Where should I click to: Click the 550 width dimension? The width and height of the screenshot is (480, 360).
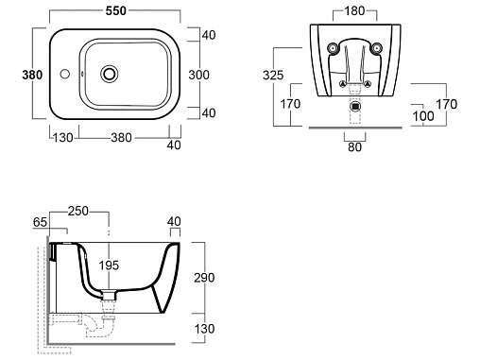tap(116, 11)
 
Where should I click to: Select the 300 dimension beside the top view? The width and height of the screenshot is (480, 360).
tap(198, 75)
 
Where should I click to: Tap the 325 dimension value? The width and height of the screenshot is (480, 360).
tap(273, 76)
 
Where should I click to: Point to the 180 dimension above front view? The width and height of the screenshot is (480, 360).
tap(354, 11)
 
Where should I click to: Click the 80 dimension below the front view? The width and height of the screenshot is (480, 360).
tap(354, 146)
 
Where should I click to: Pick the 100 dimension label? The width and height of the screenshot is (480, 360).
tap(423, 116)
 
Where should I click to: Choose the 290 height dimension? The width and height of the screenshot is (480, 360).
tap(204, 278)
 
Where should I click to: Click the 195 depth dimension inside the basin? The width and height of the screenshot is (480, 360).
tap(109, 266)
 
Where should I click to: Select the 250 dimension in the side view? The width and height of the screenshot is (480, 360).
tap(78, 211)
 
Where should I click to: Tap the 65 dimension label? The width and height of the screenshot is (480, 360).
tap(40, 222)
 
